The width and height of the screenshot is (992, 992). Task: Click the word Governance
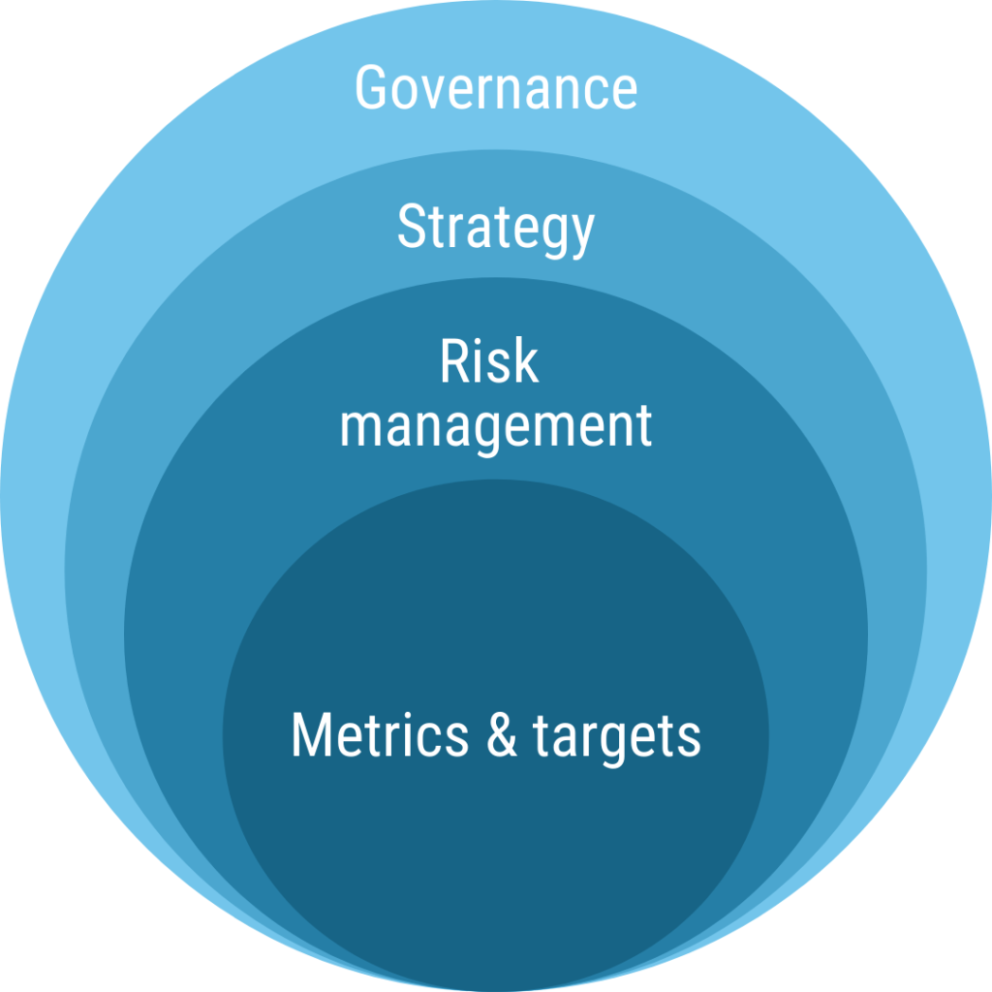click(496, 87)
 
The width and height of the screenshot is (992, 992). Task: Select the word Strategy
click(496, 230)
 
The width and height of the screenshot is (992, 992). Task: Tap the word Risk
click(489, 360)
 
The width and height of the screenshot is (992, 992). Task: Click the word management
click(496, 428)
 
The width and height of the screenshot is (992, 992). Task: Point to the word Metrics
click(380, 734)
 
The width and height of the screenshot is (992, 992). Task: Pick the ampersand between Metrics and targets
click(502, 734)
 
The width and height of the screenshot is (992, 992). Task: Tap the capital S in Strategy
click(412, 226)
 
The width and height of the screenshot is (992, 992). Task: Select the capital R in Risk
click(455, 360)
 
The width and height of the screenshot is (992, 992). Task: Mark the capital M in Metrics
click(311, 734)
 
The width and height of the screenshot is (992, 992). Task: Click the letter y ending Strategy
click(581, 236)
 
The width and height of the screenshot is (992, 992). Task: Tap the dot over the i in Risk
click(482, 342)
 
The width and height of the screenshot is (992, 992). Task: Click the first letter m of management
click(360, 428)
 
